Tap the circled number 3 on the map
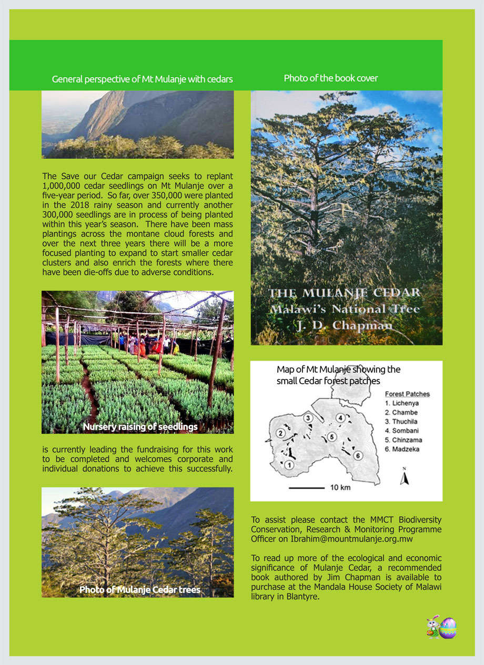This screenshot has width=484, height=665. tap(309, 418)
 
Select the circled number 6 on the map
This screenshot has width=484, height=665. tap(358, 455)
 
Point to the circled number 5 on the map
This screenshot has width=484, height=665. tap(331, 436)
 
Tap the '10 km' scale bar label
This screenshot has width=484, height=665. tap(340, 487)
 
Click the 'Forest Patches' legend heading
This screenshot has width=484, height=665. tap(407, 394)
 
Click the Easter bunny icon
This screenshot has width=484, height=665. tap(432, 627)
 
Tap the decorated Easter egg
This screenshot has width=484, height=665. tap(448, 628)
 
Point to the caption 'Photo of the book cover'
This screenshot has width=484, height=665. tap(330, 78)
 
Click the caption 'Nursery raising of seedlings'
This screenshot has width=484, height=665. tap(140, 427)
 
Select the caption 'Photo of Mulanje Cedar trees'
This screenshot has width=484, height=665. tap(139, 590)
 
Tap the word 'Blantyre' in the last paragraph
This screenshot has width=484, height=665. tap(300, 596)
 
